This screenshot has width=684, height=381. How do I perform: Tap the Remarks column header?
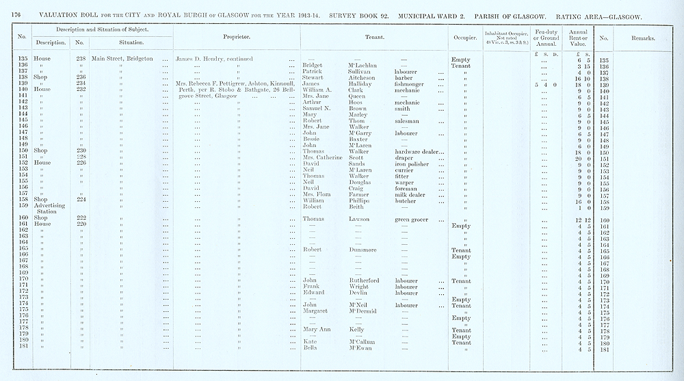(641, 38)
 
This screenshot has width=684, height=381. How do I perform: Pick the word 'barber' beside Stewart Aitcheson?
(406, 78)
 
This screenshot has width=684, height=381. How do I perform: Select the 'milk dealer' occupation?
(412, 195)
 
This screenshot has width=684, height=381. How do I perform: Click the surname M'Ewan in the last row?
(360, 349)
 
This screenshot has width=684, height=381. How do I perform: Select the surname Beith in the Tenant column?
(356, 207)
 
